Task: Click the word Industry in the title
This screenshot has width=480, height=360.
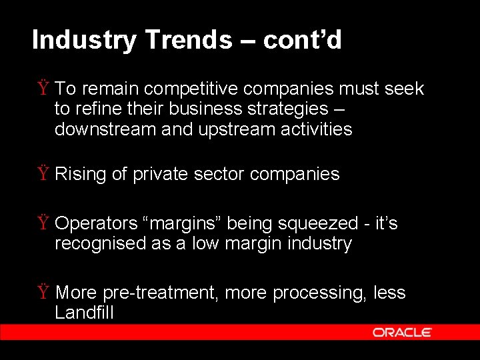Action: [x=85, y=41]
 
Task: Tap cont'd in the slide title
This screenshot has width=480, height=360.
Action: [x=302, y=41]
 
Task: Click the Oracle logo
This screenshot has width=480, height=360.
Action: [x=402, y=332]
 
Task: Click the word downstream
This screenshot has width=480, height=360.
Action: [x=105, y=129]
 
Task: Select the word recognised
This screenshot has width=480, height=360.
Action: [x=101, y=243]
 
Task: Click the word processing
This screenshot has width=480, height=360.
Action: [x=315, y=293]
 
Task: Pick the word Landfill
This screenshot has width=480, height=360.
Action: [x=84, y=313]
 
